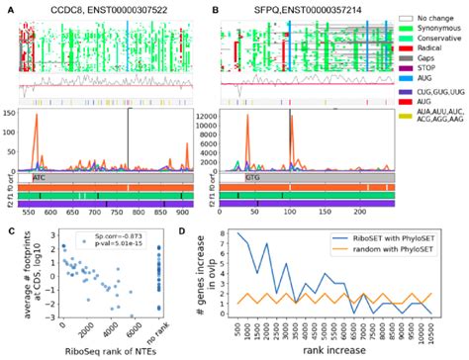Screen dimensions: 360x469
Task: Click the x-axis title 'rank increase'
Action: point(339,352)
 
